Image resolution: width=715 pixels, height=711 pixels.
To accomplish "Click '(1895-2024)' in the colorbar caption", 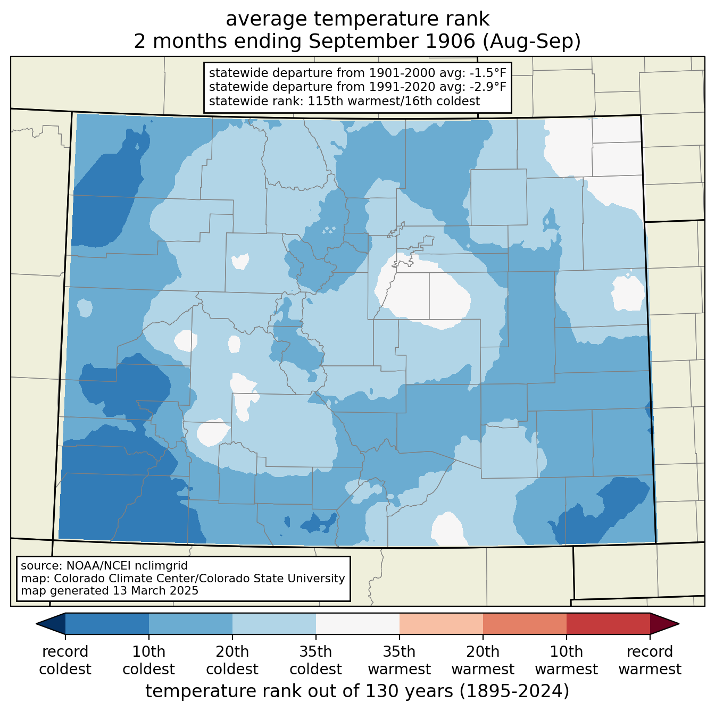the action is pos(514,691).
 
